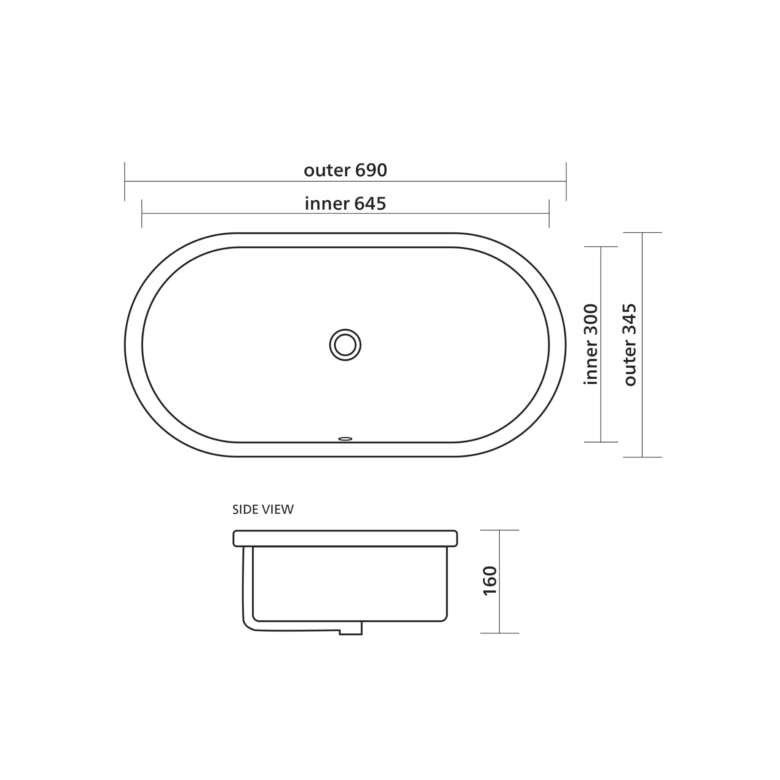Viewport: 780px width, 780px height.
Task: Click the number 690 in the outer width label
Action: coord(371,170)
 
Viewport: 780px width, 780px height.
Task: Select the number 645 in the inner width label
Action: coord(370,204)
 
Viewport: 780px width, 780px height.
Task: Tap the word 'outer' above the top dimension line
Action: coord(327,170)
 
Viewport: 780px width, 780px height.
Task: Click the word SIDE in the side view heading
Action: coord(242,510)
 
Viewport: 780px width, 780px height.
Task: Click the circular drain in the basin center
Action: coord(345,345)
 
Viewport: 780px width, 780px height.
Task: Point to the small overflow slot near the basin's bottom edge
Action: coord(345,439)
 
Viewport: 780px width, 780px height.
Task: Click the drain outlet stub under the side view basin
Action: coord(350,628)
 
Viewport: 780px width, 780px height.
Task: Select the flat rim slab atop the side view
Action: coord(345,538)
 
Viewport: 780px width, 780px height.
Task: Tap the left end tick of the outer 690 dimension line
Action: coord(125,181)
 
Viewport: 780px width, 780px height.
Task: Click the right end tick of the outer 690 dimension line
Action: coord(566,181)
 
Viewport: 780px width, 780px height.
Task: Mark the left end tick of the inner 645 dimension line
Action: coord(142,213)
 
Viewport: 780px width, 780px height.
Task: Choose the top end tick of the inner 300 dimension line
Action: coord(601,247)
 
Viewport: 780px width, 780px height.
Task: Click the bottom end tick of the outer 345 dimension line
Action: coord(643,457)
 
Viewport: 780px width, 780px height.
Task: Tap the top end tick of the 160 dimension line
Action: coord(499,530)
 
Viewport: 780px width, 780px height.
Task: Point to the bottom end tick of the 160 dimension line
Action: coord(499,633)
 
